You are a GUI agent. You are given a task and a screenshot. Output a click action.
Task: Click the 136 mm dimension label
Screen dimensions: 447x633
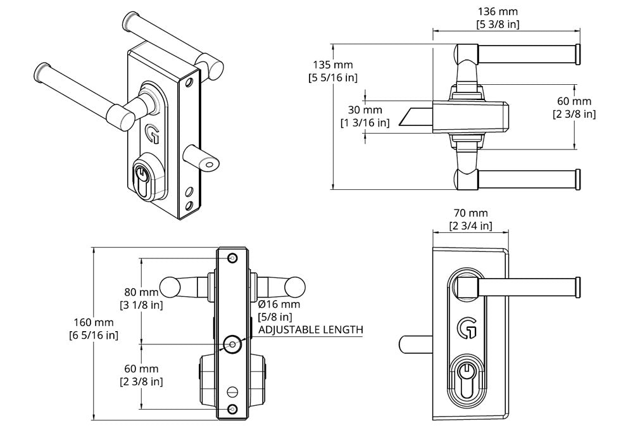pos(497,12)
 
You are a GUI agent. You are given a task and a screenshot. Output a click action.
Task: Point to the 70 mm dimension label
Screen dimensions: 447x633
pos(470,213)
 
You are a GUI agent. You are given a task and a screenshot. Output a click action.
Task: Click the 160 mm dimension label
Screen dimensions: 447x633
pos(94,322)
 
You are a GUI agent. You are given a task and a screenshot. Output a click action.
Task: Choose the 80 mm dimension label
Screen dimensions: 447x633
pos(141,293)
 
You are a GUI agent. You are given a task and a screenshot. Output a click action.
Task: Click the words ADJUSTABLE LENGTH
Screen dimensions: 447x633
pos(310,330)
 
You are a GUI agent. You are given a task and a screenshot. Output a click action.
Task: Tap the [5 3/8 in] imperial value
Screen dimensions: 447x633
pos(497,25)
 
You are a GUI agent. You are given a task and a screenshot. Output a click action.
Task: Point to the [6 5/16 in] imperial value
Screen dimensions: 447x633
pos(94,335)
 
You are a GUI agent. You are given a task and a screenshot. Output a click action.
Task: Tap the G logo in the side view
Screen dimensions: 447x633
pos(467,327)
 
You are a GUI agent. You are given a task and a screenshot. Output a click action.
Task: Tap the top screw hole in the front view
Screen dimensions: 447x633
pos(233,258)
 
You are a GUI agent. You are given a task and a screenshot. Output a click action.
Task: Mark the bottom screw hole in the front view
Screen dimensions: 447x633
pos(233,409)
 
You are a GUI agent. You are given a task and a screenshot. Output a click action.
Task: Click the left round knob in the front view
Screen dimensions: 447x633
pos(169,287)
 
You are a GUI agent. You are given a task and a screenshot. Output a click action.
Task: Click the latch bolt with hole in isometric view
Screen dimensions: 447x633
pos(203,157)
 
